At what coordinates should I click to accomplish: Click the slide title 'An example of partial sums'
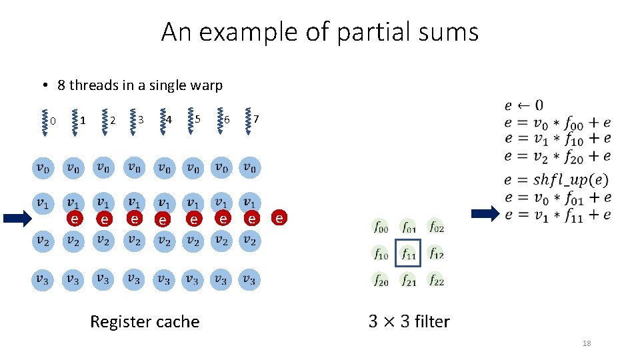[320, 32]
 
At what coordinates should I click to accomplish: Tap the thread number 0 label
[53, 121]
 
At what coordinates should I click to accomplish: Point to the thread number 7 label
[257, 119]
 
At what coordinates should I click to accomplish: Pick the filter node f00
[381, 227]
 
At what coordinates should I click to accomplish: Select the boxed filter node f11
[408, 253]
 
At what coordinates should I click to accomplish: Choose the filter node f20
[381, 281]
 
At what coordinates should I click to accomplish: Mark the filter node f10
[381, 253]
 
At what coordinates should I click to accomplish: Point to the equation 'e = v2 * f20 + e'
[557, 156]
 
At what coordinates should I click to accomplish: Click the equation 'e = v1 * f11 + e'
[557, 215]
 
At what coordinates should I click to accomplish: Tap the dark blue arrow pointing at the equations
[485, 214]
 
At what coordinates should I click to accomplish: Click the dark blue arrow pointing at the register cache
[17, 218]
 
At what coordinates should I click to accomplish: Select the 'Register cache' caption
[145, 321]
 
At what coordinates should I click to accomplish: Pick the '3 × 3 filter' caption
[409, 321]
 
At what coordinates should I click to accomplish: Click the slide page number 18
[587, 343]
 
